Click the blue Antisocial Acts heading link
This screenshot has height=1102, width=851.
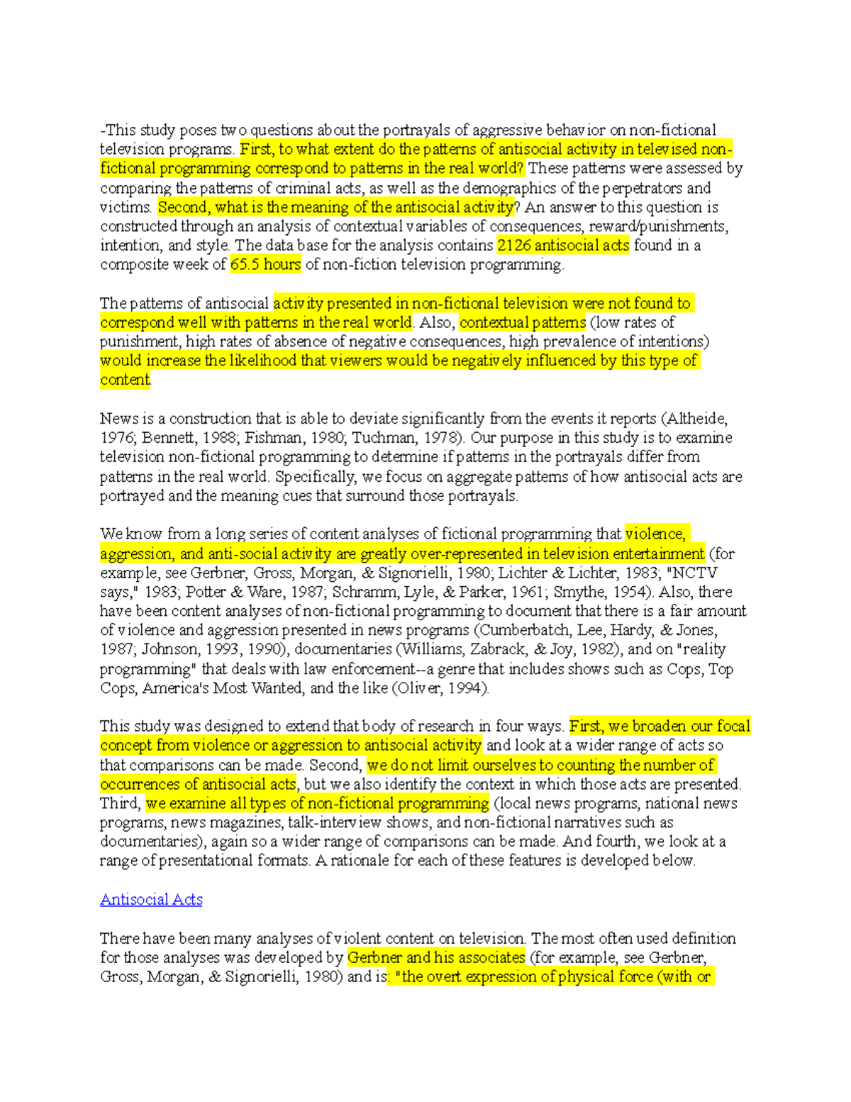[x=151, y=900]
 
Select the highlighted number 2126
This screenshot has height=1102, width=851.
[x=514, y=246]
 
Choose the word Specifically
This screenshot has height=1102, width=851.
[x=318, y=476]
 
